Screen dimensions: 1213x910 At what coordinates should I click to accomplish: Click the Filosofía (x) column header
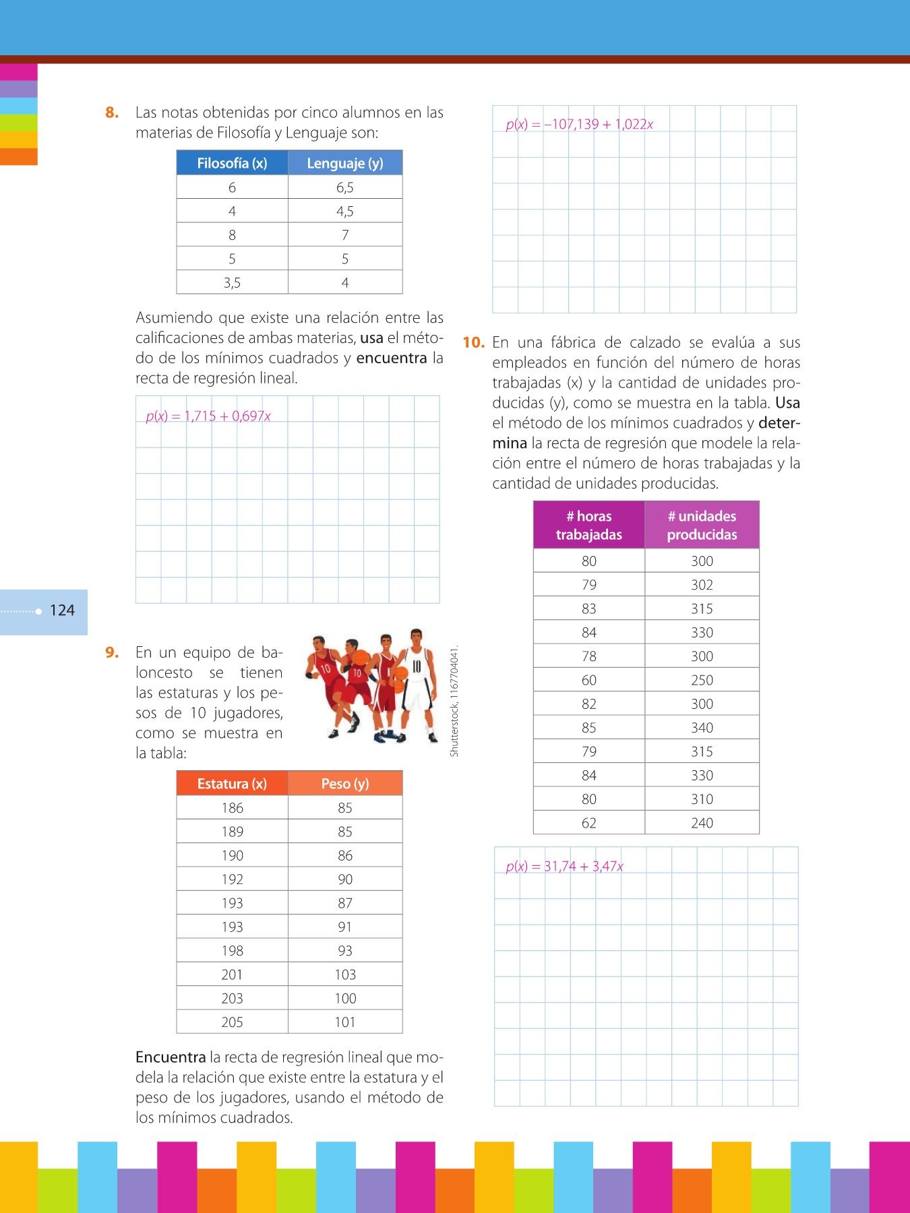232,163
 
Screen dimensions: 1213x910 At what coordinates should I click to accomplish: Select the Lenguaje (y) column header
344,163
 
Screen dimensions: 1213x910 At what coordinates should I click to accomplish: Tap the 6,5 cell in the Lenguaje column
344,187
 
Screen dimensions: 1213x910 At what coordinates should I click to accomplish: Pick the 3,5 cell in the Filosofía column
232,282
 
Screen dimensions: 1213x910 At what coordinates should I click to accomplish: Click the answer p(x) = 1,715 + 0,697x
208,416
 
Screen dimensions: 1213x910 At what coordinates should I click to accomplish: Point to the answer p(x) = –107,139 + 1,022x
579,124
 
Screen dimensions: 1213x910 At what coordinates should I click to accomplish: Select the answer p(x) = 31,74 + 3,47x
564,867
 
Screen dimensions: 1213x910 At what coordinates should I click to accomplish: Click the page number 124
62,611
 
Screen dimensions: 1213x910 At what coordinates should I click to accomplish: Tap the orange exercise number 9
112,652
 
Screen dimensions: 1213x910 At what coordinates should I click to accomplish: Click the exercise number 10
473,342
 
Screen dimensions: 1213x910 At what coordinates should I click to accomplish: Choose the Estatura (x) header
232,784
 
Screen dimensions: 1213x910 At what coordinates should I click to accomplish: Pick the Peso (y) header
344,784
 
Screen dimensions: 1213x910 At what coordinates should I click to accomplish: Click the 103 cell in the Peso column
344,974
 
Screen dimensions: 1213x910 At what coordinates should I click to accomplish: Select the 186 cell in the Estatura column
232,808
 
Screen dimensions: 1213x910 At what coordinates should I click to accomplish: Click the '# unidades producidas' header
702,525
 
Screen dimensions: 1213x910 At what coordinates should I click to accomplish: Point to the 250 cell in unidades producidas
702,680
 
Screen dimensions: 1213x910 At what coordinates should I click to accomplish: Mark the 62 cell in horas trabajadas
588,823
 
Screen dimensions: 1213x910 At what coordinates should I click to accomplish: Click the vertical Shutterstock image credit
454,701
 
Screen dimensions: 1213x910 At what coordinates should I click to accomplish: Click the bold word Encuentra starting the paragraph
171,1057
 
